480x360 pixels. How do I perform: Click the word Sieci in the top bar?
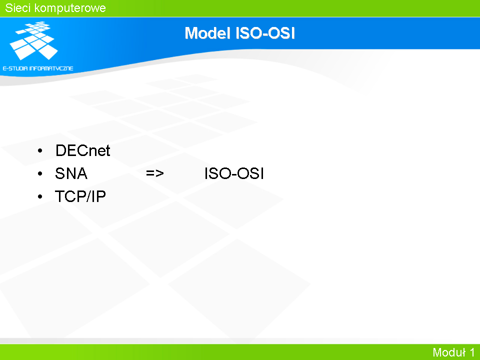pos(18,8)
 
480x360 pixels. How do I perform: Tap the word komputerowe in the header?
pos(70,8)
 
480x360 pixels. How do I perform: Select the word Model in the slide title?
pos(207,33)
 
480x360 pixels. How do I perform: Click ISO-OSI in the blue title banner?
pos(265,33)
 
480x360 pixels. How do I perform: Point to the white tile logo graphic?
pos(34,40)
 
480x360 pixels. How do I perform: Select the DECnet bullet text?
pos(82,150)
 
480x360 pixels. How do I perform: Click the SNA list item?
pos(71,173)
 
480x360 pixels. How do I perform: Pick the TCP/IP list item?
pos(80,196)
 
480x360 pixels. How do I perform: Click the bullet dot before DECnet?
pos(40,150)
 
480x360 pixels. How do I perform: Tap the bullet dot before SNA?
pos(40,173)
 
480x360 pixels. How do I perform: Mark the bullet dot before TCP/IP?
pos(40,196)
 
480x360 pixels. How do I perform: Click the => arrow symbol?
pos(155,173)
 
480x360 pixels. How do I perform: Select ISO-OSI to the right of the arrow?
pos(234,173)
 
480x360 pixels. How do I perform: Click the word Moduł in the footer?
pos(449,352)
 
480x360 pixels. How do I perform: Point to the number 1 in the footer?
pos(472,352)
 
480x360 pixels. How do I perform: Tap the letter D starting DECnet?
pos(61,150)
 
